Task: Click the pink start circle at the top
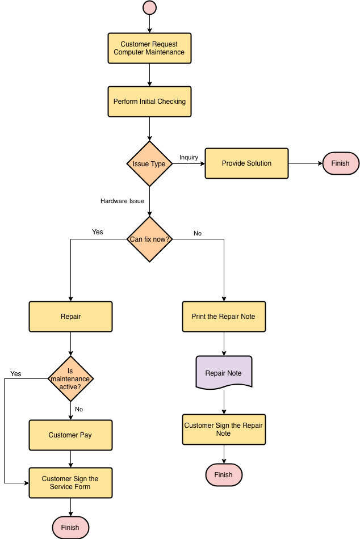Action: tap(149, 7)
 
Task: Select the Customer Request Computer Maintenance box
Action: tap(149, 48)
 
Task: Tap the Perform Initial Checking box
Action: tap(149, 102)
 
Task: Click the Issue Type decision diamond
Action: tap(149, 163)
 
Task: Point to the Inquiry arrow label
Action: tap(189, 157)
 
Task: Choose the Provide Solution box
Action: tap(246, 163)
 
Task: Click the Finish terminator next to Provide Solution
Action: tap(341, 163)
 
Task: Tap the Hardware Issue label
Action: tap(122, 201)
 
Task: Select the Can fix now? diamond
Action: tap(149, 239)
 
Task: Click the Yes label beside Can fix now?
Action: tap(98, 232)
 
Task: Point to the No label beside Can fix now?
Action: tap(198, 233)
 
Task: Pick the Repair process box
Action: tap(70, 317)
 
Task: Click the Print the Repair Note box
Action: tap(224, 317)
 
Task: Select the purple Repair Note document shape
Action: tap(224, 373)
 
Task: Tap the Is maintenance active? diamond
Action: tap(70, 379)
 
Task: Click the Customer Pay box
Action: tap(70, 435)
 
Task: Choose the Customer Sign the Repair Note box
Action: tap(224, 429)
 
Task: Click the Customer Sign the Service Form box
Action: tap(70, 483)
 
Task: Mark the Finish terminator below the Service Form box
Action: tap(70, 527)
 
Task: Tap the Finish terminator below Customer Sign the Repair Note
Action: tap(224, 475)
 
